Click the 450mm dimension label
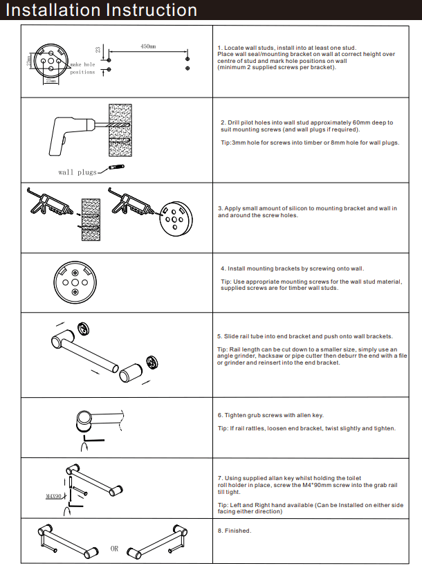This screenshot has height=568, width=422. click(x=148, y=46)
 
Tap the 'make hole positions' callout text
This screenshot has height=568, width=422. click(x=82, y=68)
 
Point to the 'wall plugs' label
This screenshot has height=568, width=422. click(x=77, y=172)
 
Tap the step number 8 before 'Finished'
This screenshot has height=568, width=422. click(x=219, y=531)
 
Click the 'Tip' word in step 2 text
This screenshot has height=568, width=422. click(x=225, y=143)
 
